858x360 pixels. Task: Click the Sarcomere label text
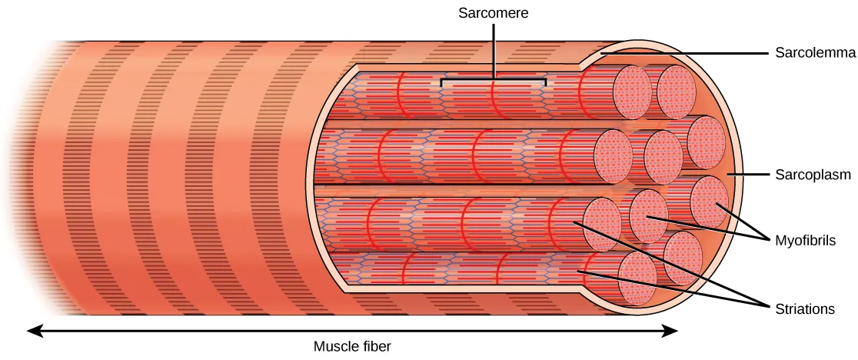pos(492,13)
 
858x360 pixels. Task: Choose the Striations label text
pos(805,308)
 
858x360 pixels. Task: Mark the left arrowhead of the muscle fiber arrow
pos(32,331)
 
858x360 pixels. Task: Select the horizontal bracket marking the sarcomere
pos(493,78)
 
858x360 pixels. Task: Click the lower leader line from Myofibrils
pos(707,229)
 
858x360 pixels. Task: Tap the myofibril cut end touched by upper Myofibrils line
pos(710,200)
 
